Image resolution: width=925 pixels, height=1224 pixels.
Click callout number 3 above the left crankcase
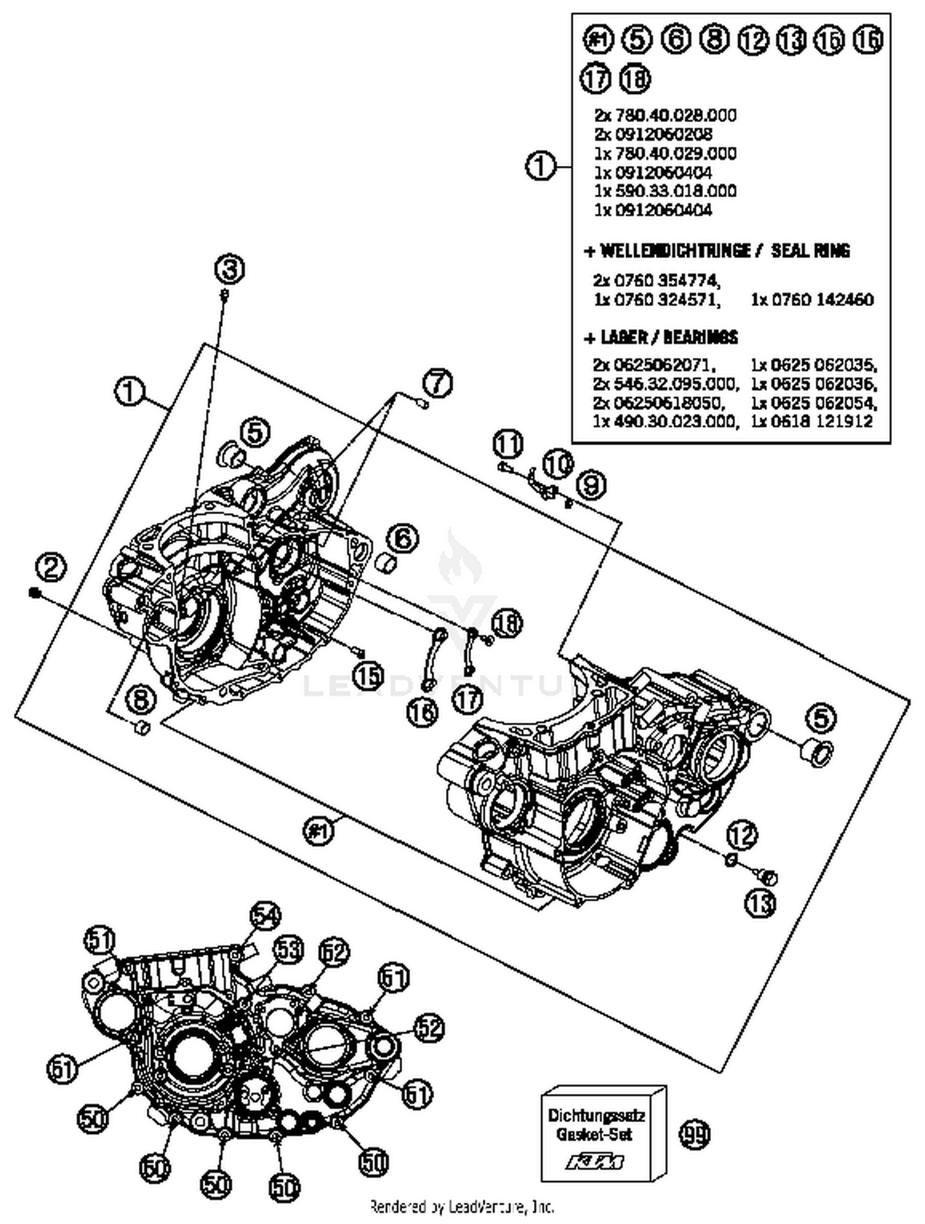pos(229,269)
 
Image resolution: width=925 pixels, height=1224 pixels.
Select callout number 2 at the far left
pos(51,566)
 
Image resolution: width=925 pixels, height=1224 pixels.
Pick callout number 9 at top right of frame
pos(591,485)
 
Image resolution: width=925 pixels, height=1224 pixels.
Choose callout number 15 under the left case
pos(368,676)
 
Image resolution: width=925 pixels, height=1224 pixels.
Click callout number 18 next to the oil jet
pos(506,623)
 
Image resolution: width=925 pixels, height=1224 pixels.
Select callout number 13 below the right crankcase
pos(760,904)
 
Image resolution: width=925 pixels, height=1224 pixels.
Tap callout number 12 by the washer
pos(741,836)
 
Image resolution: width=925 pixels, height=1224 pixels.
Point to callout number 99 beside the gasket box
pos(694,1134)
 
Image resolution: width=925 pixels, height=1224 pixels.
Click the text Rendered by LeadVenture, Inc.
pos(462,1206)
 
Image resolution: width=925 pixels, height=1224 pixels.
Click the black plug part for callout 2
pos(34,593)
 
